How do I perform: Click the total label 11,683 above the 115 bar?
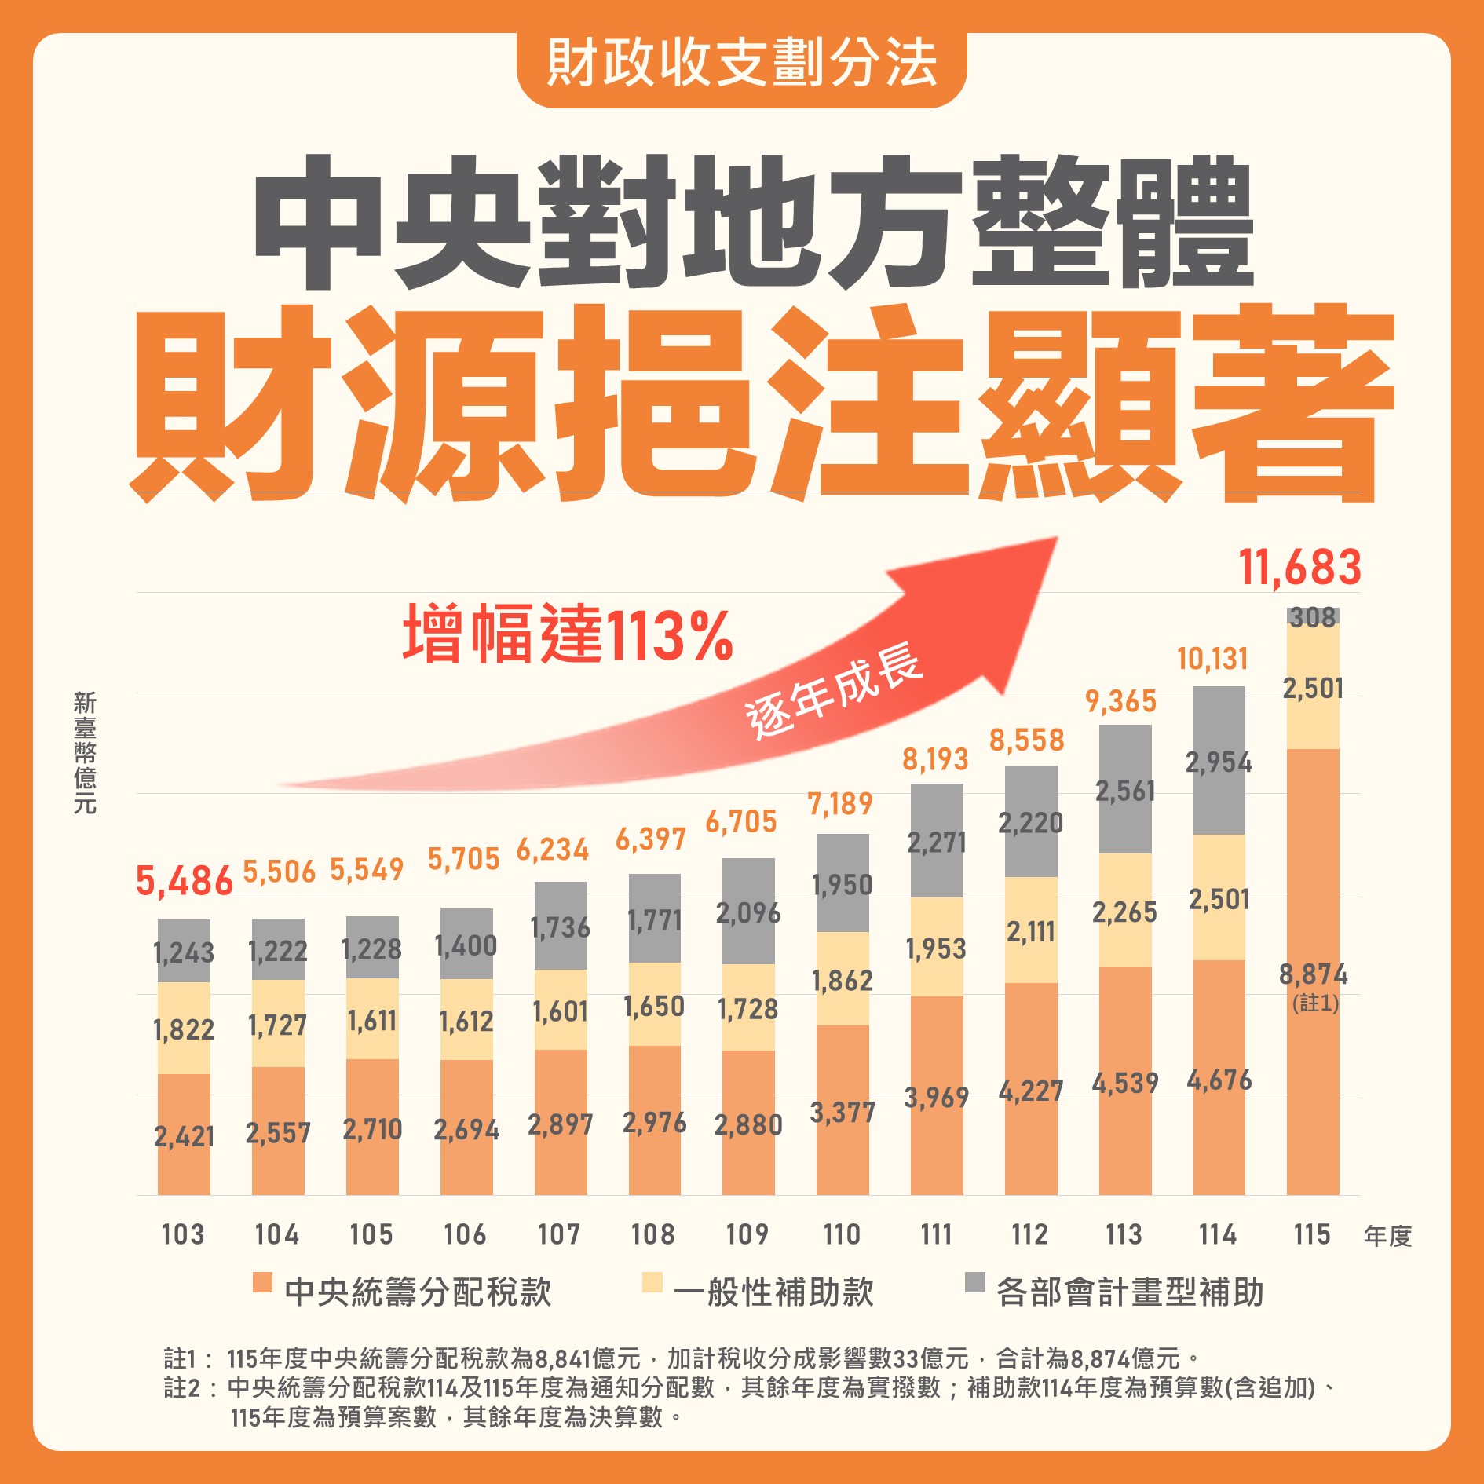(1299, 568)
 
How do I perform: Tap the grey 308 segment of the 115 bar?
(1313, 617)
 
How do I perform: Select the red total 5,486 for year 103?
(184, 881)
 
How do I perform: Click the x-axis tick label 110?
(842, 1234)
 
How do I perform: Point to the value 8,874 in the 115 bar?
(1313, 974)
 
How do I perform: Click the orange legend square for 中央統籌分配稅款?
(262, 1282)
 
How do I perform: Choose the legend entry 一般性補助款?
(773, 1292)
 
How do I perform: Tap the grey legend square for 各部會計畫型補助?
(974, 1282)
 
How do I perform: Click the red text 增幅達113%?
(568, 634)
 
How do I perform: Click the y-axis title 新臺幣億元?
(84, 751)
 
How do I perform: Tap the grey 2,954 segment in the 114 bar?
(1219, 762)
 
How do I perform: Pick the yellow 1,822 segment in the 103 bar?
(184, 1029)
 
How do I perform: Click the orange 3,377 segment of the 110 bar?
(842, 1112)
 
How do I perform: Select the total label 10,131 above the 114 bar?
(1212, 659)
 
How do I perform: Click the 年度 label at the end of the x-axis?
(1387, 1237)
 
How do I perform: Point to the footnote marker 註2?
(181, 1387)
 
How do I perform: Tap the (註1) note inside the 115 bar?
(1315, 1003)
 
